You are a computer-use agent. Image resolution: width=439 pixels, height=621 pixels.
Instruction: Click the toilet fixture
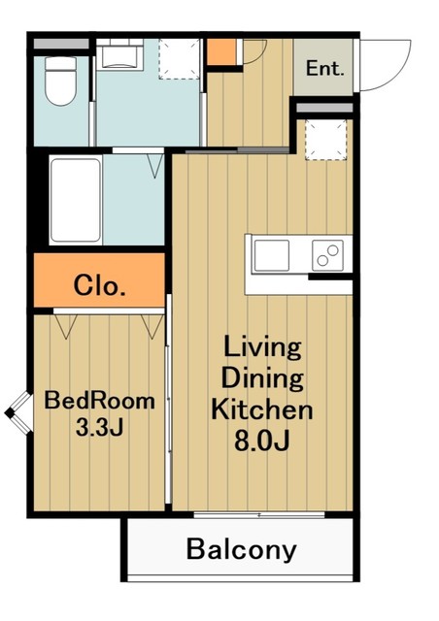[60, 82]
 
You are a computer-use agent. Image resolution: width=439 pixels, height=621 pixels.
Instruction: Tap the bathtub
[76, 200]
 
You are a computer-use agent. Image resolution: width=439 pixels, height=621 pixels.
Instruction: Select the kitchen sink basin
[272, 255]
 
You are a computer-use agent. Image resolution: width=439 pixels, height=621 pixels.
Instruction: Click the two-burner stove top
[327, 255]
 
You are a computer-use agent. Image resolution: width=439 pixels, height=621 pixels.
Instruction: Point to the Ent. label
[324, 68]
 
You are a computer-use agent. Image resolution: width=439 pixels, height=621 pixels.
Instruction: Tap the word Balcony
[242, 550]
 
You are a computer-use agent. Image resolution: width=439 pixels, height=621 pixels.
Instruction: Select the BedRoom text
[99, 401]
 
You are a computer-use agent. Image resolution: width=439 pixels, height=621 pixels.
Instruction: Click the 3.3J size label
[99, 427]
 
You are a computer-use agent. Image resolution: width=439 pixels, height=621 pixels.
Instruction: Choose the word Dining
[262, 378]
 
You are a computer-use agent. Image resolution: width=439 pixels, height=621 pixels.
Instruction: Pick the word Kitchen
[261, 409]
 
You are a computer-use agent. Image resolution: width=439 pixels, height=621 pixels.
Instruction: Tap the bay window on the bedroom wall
[18, 413]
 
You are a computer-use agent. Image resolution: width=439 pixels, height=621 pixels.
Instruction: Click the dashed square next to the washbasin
[180, 58]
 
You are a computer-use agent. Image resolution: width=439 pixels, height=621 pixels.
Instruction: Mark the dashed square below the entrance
[325, 140]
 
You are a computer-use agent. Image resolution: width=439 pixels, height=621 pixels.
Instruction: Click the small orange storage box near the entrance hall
[221, 51]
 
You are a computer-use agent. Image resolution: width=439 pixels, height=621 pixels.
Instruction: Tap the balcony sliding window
[259, 515]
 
